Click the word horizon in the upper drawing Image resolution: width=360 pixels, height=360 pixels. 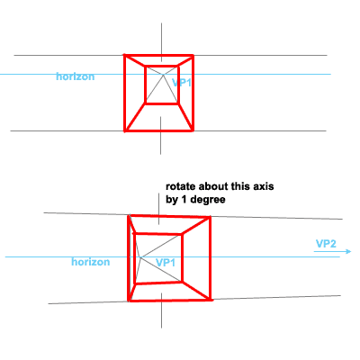(76, 76)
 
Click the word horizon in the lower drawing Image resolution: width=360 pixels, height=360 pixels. (91, 262)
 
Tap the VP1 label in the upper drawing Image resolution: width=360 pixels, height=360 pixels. (182, 83)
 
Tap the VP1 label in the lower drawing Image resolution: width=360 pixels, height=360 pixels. (166, 263)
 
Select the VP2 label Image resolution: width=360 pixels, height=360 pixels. (326, 244)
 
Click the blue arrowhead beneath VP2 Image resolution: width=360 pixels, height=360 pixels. (348, 251)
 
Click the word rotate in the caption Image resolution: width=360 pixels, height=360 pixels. (181, 186)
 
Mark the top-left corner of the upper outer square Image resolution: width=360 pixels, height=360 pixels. (125, 55)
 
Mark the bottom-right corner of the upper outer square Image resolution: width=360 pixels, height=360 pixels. (193, 130)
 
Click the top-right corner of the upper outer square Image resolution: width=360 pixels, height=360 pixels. (193, 55)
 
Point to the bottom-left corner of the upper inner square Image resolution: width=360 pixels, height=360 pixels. (146, 103)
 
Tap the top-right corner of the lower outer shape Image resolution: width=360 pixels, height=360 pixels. (210, 217)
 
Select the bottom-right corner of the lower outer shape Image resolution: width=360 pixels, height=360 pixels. (211, 300)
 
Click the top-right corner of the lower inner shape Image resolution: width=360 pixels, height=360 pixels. (182, 234)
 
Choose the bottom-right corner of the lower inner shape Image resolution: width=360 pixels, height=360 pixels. (182, 282)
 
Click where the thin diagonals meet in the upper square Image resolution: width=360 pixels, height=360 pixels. (164, 75)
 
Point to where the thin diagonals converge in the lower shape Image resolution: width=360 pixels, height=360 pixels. (140, 257)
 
